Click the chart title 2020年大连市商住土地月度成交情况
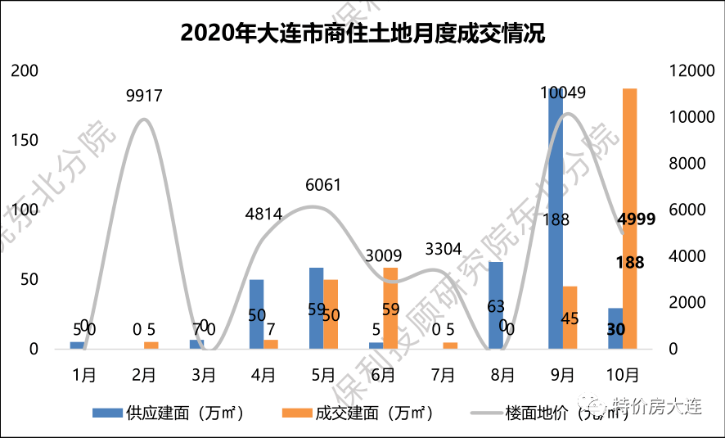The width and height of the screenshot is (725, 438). coord(362,34)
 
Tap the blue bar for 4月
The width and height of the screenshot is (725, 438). coord(257,314)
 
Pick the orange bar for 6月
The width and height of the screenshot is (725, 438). coord(390,308)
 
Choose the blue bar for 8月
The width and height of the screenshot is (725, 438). coord(495,305)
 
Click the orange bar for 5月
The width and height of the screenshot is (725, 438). coord(331,314)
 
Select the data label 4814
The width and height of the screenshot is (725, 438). coord(263,214)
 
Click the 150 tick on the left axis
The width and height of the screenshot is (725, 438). coord(25,140)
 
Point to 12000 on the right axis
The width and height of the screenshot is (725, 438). coord(692,71)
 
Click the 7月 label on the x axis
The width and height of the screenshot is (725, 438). coord(443,375)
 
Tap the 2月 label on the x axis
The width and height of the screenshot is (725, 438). coord(144,375)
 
